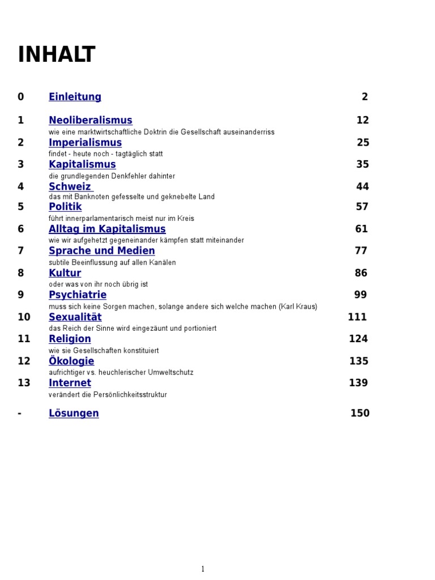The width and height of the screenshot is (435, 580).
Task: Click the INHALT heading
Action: (x=57, y=55)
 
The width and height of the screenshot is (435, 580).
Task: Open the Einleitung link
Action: (x=75, y=97)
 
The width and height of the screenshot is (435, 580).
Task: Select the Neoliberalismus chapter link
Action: (x=91, y=120)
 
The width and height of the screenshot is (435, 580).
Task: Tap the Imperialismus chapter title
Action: (x=85, y=142)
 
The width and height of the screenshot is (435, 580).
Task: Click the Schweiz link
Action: (x=70, y=186)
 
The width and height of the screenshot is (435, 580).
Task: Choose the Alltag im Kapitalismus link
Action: (x=107, y=229)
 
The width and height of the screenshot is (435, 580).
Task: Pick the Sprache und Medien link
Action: (x=102, y=251)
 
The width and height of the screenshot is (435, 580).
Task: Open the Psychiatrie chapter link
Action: (x=78, y=295)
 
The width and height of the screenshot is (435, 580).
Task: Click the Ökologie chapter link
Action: (x=71, y=361)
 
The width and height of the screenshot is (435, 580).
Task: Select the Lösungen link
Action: (x=74, y=413)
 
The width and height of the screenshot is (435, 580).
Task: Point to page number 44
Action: (x=362, y=186)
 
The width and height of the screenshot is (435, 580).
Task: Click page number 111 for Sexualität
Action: (x=357, y=317)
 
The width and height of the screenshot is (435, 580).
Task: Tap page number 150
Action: (x=360, y=413)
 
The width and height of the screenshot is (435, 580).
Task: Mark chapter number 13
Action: (x=24, y=383)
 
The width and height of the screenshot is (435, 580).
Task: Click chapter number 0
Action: (x=21, y=97)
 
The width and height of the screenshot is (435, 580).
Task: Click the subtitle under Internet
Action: (x=108, y=395)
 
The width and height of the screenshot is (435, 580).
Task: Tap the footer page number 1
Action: (x=203, y=569)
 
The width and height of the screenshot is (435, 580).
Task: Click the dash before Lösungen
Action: (x=20, y=413)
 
